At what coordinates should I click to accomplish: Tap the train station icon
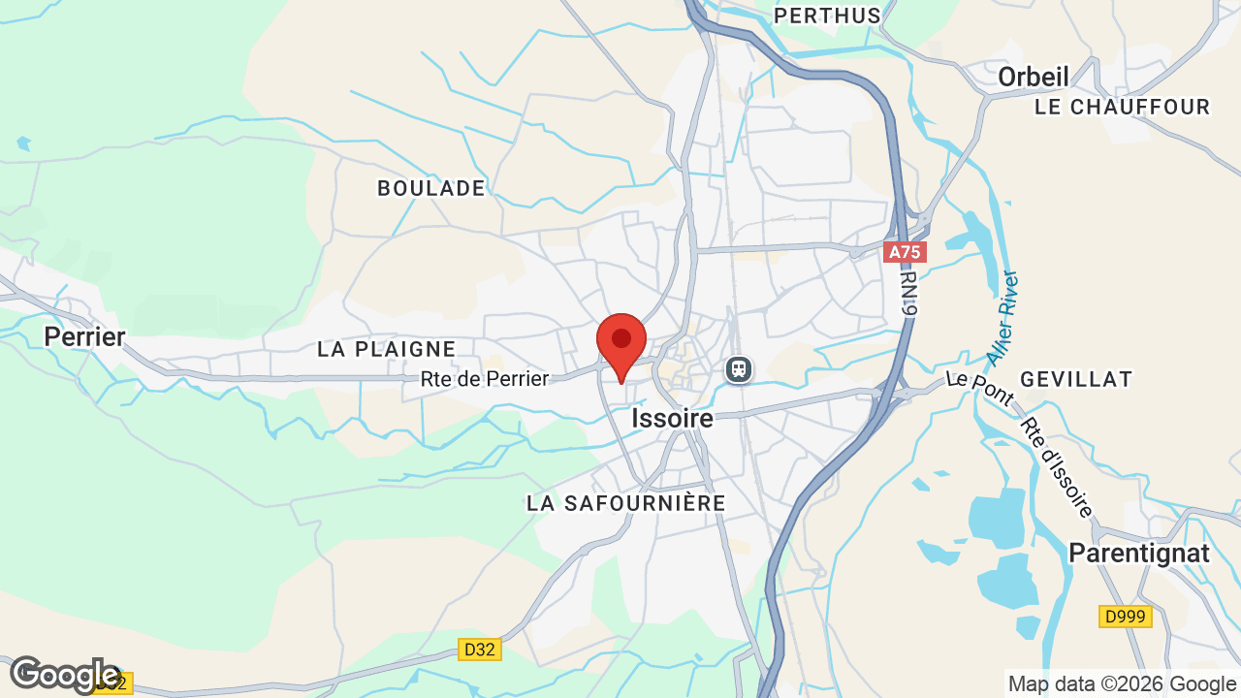click(x=739, y=368)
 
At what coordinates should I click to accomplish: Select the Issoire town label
click(x=672, y=419)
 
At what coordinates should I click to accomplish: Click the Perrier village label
click(x=85, y=337)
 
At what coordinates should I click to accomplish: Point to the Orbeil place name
click(x=1034, y=78)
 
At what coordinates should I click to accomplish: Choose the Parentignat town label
click(x=1139, y=553)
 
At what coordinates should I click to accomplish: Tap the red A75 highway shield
click(x=906, y=252)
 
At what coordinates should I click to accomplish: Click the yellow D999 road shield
click(x=1126, y=617)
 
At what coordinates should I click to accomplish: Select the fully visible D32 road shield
click(x=479, y=650)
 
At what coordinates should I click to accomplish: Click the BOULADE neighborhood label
click(x=431, y=189)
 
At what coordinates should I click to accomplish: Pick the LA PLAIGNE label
click(x=387, y=349)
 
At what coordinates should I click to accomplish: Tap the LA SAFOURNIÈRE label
click(x=626, y=503)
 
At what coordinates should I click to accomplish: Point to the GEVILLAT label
click(x=1076, y=379)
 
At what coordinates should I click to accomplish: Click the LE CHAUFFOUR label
click(x=1123, y=107)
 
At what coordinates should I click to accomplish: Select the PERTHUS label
click(x=828, y=16)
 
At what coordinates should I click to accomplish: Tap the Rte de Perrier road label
click(x=485, y=379)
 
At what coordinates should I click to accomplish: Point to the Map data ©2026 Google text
click(x=1122, y=684)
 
